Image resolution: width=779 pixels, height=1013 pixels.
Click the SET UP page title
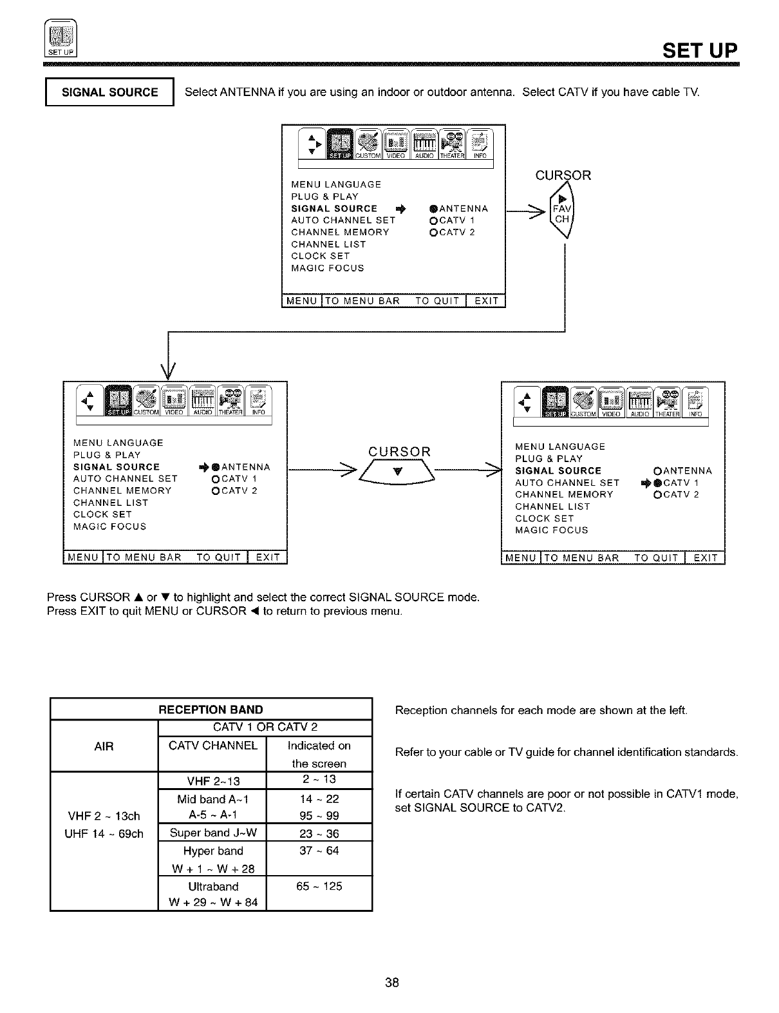click(x=700, y=50)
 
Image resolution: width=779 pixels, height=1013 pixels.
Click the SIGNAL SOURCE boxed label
click(x=109, y=92)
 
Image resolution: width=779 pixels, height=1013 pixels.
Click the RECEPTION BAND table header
click(x=211, y=709)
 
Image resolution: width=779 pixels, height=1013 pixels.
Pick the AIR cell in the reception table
click(x=104, y=746)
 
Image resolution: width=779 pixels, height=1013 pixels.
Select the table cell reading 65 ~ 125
click(x=319, y=886)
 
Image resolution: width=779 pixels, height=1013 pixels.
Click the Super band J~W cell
click(x=212, y=833)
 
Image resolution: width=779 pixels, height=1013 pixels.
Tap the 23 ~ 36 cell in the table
click(x=319, y=833)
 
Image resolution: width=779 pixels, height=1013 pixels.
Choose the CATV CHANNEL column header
click(x=212, y=746)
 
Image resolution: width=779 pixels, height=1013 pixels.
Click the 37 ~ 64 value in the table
click(x=319, y=851)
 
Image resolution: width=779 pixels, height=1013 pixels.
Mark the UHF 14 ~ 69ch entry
click(x=104, y=834)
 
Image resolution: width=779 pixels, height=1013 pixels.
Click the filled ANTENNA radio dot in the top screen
click(x=433, y=209)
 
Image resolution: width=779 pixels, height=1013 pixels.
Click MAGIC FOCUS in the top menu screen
click(x=328, y=268)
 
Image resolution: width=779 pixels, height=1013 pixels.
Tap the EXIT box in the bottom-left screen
click(x=268, y=557)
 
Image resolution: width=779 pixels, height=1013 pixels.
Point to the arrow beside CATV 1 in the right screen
click(x=646, y=483)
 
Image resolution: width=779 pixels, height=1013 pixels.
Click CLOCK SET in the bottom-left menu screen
click(x=102, y=514)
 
